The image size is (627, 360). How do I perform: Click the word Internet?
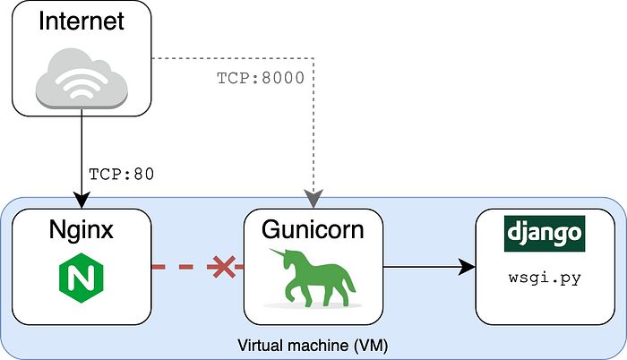pos(82,21)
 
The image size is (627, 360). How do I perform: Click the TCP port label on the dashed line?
pos(261,76)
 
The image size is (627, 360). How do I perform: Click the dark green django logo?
pos(545,234)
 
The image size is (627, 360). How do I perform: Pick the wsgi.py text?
pos(545,278)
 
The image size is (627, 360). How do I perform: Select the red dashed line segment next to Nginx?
pos(175,267)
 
